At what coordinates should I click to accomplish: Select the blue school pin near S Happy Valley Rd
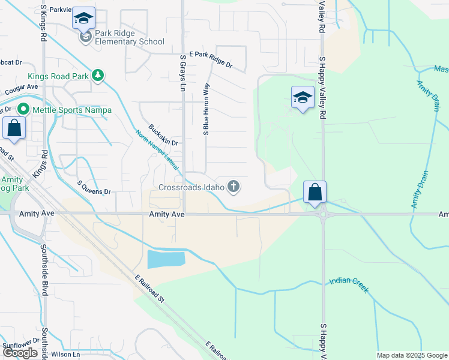303,97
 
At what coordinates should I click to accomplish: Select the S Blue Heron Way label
206,108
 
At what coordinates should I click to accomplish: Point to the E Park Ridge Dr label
210,59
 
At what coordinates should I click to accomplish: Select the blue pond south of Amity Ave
166,259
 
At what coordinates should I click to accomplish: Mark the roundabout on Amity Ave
323,214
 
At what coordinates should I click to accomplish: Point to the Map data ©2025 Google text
412,355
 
